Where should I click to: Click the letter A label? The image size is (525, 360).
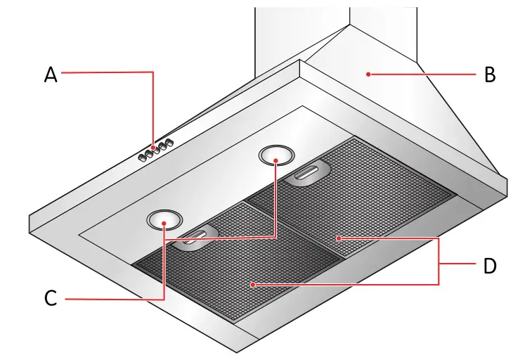pyautogui.click(x=51, y=74)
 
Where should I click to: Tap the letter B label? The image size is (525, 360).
pyautogui.click(x=490, y=74)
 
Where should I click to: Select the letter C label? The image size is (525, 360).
pyautogui.click(x=51, y=299)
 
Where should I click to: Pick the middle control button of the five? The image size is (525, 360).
pyautogui.click(x=155, y=150)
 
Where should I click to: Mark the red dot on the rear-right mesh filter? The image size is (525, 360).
pyautogui.click(x=339, y=239)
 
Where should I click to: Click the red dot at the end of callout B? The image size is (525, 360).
pyautogui.click(x=367, y=73)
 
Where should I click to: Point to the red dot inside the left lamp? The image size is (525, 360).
pyautogui.click(x=164, y=224)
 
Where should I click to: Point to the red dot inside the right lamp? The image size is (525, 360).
pyautogui.click(x=276, y=160)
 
